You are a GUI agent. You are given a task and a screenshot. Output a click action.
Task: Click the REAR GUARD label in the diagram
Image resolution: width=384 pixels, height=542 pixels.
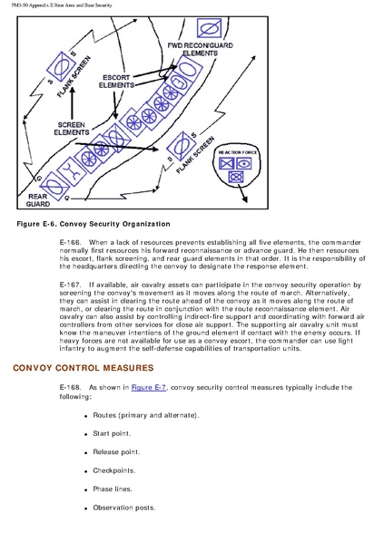(x=38, y=200)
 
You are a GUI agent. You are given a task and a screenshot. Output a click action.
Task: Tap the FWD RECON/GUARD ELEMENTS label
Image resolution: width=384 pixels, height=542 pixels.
(x=200, y=49)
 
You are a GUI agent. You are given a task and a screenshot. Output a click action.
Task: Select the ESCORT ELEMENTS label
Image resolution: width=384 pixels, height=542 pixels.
(x=116, y=82)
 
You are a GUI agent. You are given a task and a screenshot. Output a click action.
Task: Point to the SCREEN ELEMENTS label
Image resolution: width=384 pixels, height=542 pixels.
(x=72, y=129)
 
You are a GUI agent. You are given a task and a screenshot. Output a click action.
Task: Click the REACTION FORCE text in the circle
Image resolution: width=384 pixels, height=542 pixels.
(x=238, y=152)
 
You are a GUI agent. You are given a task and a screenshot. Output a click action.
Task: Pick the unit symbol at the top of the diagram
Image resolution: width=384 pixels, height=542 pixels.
(x=209, y=28)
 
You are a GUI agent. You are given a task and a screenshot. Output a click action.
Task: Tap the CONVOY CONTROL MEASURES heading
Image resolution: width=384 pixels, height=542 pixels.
(x=84, y=368)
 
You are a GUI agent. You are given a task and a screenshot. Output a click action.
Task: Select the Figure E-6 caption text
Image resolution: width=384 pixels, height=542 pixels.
(x=94, y=224)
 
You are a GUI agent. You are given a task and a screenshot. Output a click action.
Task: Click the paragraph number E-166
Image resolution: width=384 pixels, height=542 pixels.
(x=70, y=242)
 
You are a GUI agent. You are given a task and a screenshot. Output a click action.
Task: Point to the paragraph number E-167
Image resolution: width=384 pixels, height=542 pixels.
(x=70, y=285)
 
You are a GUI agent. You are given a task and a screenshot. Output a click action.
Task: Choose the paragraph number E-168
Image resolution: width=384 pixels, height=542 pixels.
(x=70, y=388)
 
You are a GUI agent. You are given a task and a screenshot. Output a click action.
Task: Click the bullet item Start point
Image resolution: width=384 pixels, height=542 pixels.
(x=112, y=433)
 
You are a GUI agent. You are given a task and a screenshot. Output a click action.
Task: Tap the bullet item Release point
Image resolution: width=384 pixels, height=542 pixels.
(x=116, y=452)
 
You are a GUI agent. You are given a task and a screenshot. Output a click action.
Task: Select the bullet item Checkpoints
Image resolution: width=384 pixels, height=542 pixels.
(x=113, y=470)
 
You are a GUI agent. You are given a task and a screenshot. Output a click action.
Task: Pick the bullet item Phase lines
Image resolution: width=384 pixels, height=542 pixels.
(x=113, y=489)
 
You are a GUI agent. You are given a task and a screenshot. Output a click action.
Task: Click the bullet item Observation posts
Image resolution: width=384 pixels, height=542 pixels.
(x=124, y=508)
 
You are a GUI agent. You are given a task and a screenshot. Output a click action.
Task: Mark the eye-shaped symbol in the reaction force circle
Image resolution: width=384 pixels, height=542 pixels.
(x=244, y=163)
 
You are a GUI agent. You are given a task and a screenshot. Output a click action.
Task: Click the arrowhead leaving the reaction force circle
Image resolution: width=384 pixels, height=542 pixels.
(x=245, y=199)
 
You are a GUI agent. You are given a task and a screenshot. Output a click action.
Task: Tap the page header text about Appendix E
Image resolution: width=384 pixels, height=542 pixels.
(x=62, y=5)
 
